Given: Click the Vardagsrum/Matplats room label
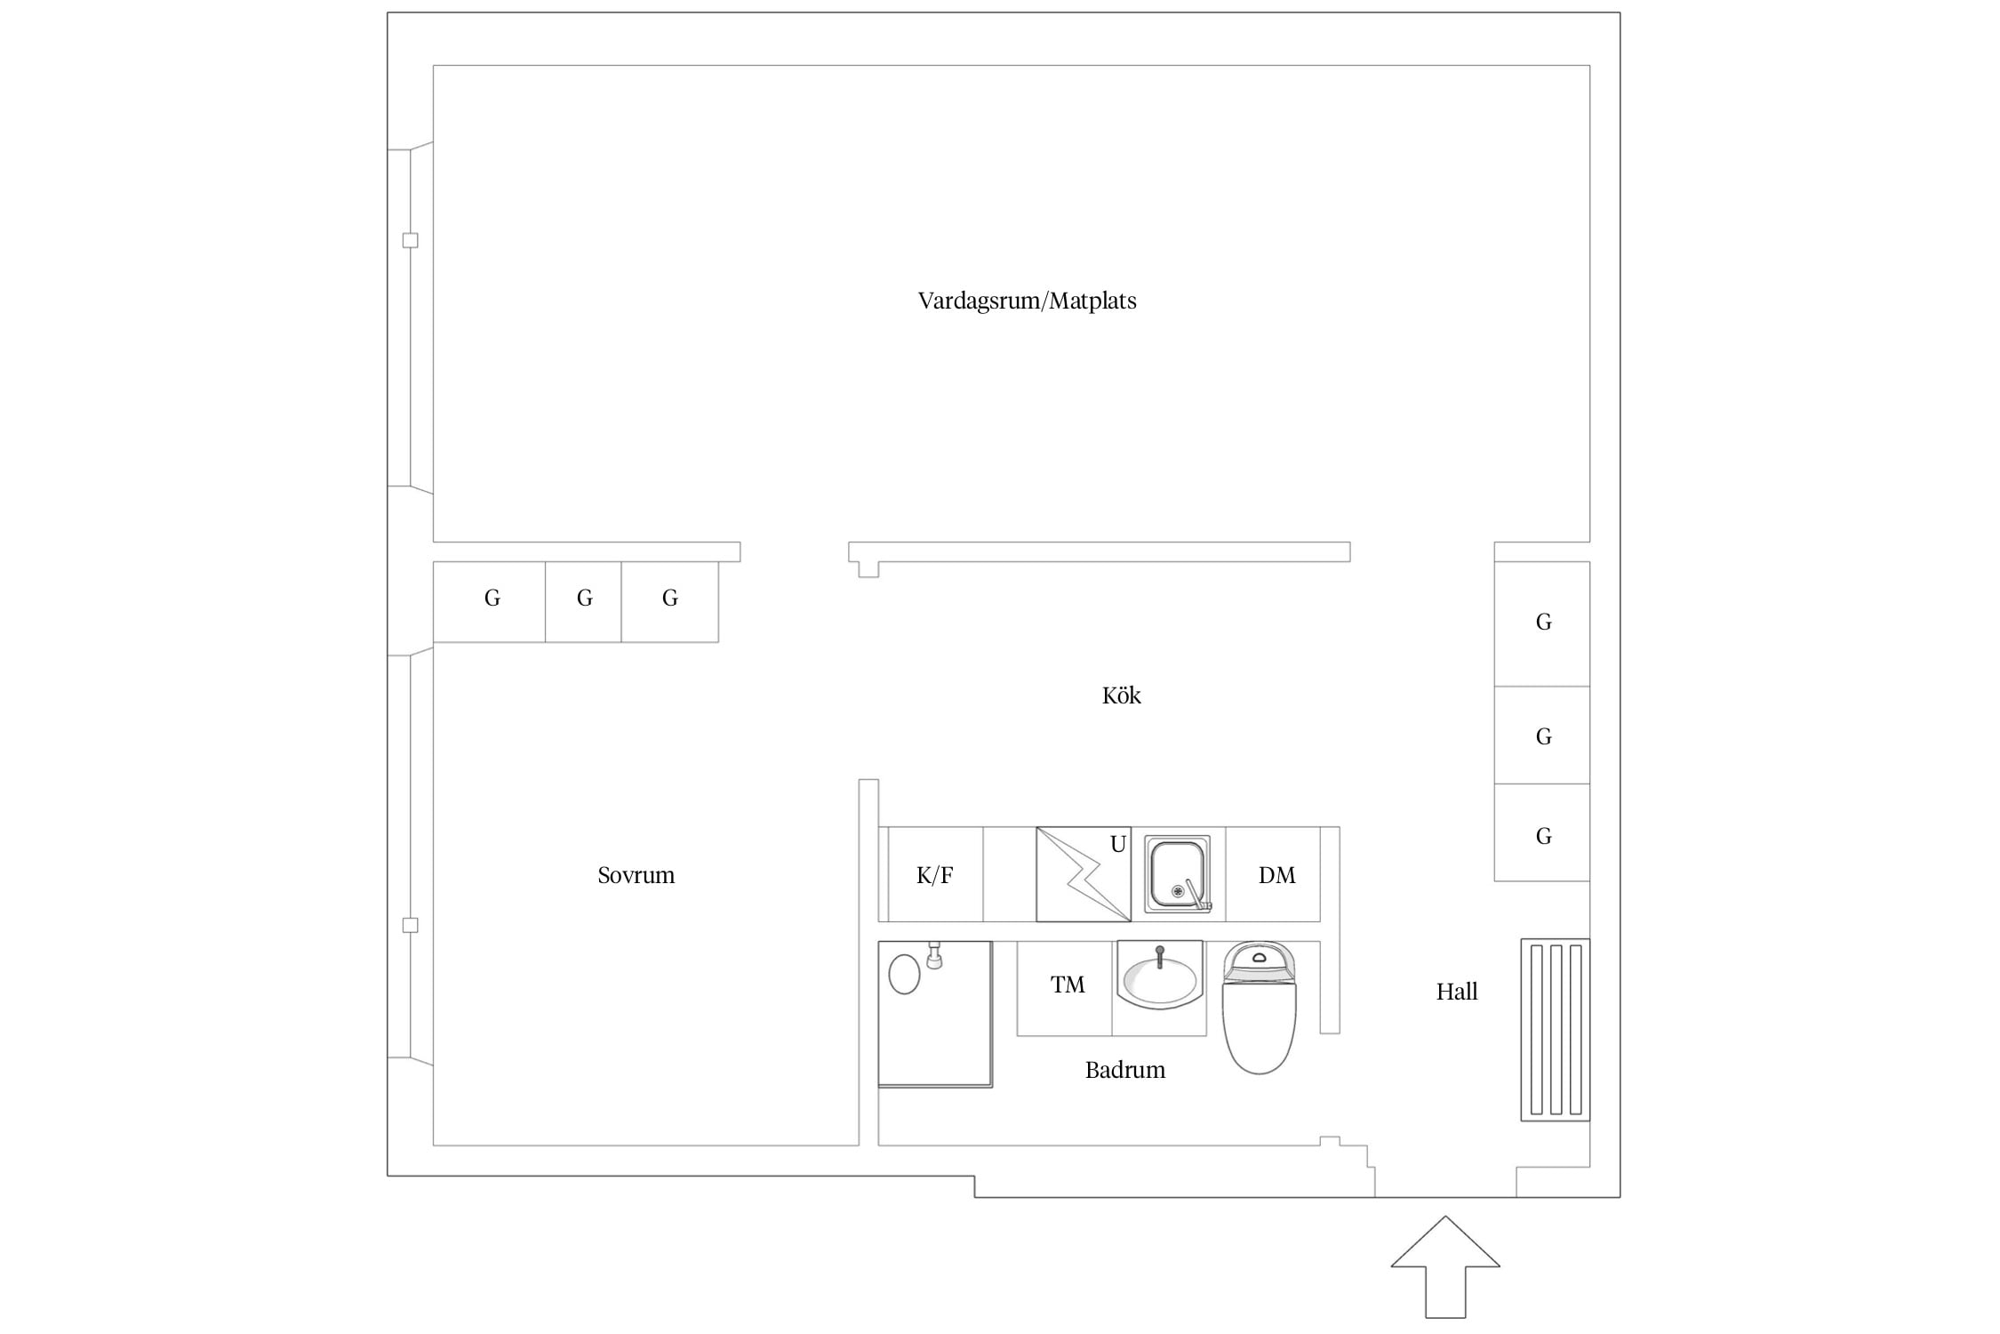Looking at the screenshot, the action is click(x=1027, y=301).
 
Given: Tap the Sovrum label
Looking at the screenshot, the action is click(x=636, y=875).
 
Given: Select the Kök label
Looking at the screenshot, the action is click(x=1121, y=695).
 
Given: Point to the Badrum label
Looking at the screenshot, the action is click(x=1124, y=1069).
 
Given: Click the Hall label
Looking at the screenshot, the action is click(x=1456, y=991).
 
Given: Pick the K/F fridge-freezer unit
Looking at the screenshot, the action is click(x=935, y=874).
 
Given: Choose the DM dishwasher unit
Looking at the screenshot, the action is click(x=1273, y=874).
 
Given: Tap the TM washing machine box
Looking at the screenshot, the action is click(x=1065, y=988).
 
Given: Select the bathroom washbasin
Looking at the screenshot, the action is click(x=1160, y=976).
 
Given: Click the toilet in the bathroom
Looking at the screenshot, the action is click(x=1260, y=1008).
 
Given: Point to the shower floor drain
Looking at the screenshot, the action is click(x=904, y=974).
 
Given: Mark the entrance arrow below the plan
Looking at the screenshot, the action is click(x=1445, y=1266).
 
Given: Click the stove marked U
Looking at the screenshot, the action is click(x=1084, y=874).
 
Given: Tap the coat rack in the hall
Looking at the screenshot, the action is click(x=1555, y=1030).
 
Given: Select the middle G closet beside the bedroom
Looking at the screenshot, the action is click(x=583, y=601).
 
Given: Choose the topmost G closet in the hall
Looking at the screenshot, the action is click(x=1542, y=623).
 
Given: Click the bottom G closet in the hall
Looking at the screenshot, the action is click(x=1542, y=832).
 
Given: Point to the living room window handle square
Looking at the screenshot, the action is click(x=410, y=240).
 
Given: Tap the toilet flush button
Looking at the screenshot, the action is click(x=1259, y=958).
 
